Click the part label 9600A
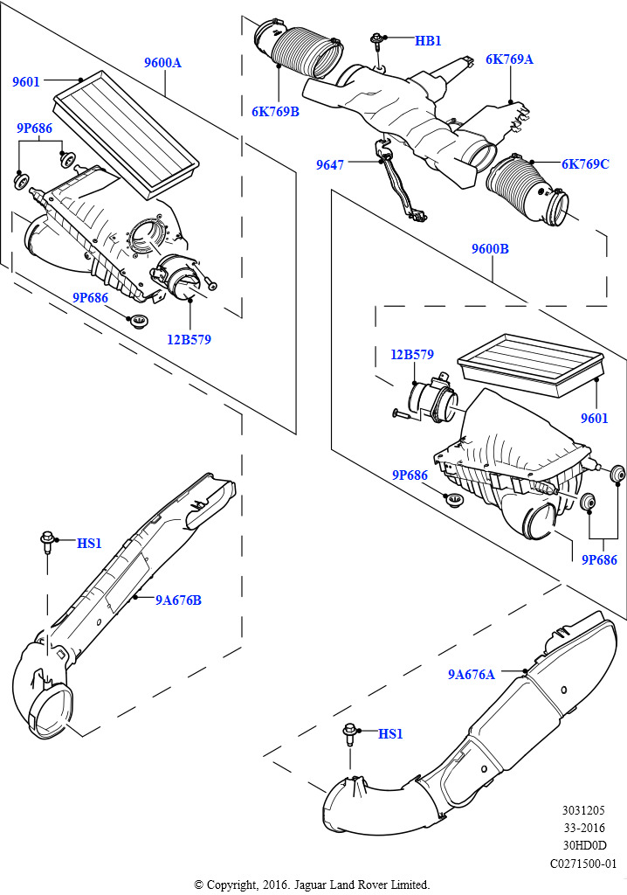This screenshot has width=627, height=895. [162, 63]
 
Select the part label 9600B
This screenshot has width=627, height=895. [490, 249]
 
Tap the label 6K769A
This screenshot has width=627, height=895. [509, 59]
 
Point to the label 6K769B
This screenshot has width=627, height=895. [275, 111]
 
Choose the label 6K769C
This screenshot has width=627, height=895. [585, 163]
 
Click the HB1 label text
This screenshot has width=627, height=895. [428, 40]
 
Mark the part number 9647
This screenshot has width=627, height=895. [329, 163]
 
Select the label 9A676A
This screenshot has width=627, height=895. [472, 674]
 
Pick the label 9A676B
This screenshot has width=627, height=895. [179, 600]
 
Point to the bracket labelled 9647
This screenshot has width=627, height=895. [397, 184]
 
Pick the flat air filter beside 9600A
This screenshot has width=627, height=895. [127, 131]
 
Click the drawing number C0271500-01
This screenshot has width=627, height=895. [584, 864]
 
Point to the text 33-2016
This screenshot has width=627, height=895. [585, 829]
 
